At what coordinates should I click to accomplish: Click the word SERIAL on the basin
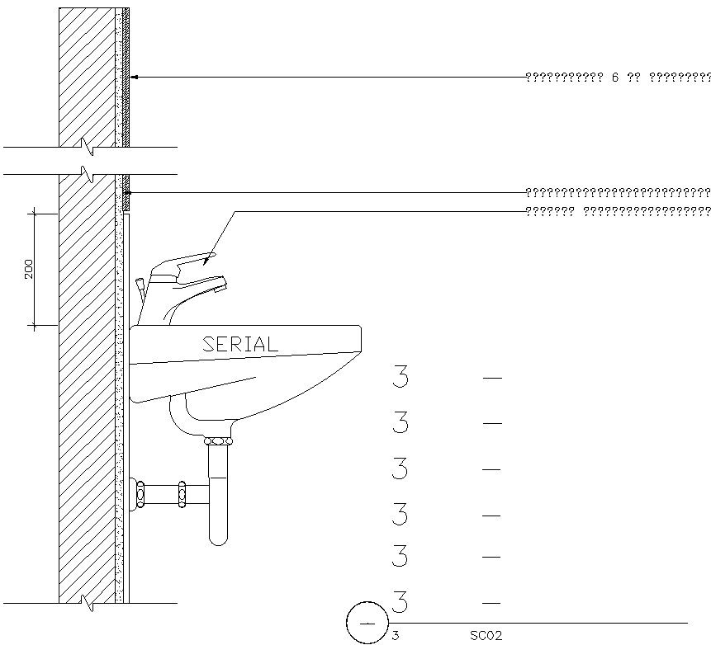tap(240, 345)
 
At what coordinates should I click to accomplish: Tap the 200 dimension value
tap(29, 269)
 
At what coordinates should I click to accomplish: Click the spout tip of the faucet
tap(220, 286)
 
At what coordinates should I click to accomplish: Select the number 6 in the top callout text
tap(615, 78)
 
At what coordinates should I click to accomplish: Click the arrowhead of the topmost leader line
tap(135, 77)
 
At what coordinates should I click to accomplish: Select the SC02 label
tap(486, 636)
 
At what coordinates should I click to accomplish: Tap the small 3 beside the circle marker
tap(396, 636)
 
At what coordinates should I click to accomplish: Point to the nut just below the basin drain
tap(218, 442)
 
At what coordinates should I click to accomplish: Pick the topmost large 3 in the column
tap(401, 378)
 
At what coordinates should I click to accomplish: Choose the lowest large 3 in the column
tap(401, 602)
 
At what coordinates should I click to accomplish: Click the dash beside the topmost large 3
tap(492, 378)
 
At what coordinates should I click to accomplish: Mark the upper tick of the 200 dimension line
tap(34, 214)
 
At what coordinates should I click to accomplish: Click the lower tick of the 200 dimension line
tap(34, 327)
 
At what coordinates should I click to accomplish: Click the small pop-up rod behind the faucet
tap(142, 286)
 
